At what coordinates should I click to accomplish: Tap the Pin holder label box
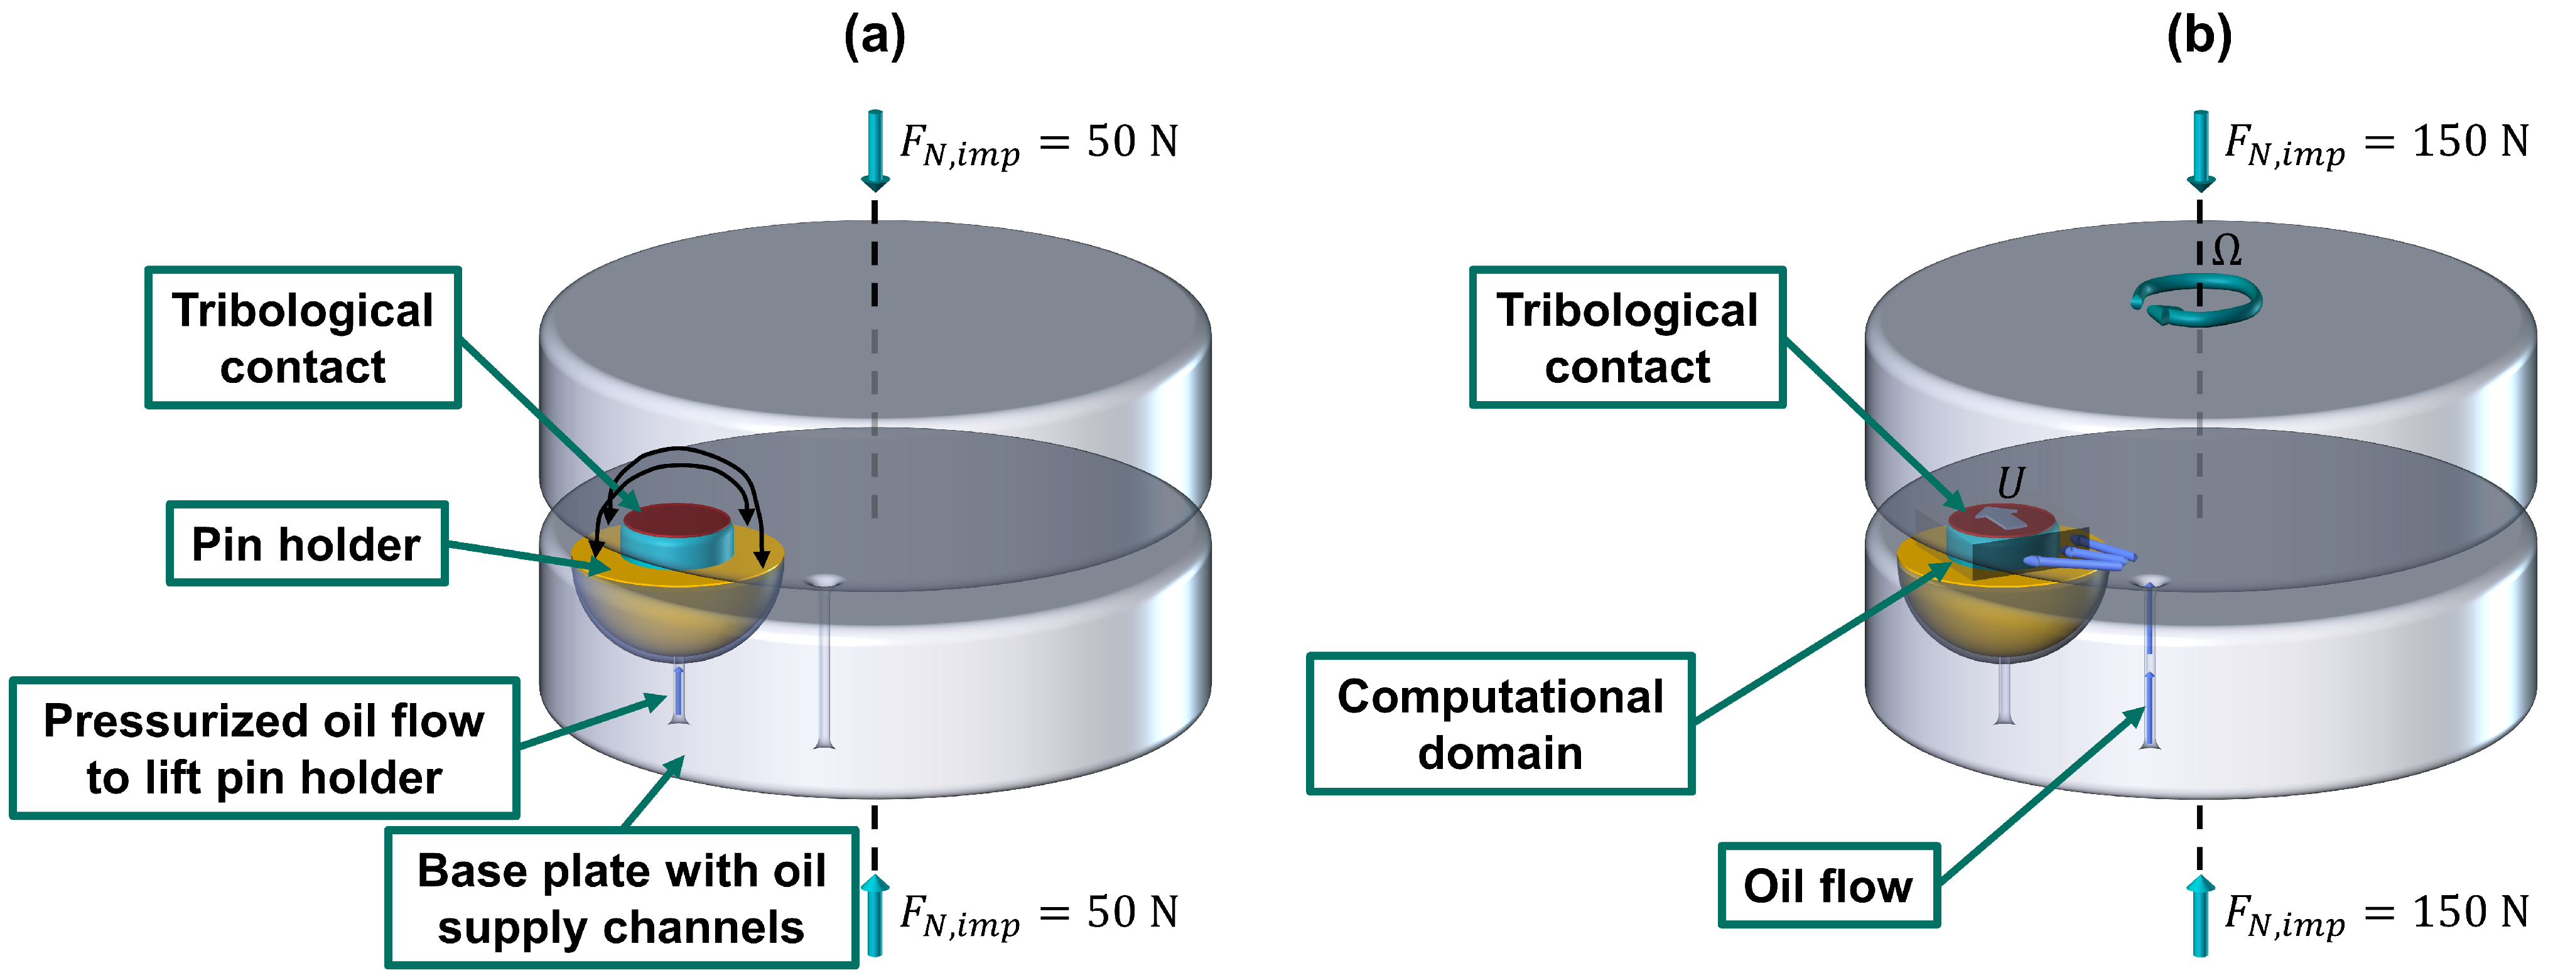[x=306, y=544]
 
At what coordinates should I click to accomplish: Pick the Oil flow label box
[x=1828, y=885]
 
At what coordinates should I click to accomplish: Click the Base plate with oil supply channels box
[x=622, y=898]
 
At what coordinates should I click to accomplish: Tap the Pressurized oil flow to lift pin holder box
[x=264, y=748]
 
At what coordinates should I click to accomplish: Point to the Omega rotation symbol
[x=2226, y=250]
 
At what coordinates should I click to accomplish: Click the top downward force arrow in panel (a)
[x=874, y=149]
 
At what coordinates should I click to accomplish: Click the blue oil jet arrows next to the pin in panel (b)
[x=2081, y=555]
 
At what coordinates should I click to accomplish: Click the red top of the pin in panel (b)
[x=2000, y=519]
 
